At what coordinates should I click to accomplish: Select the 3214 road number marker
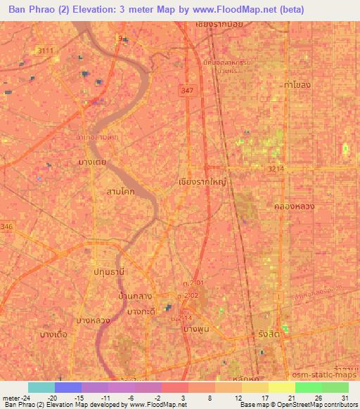pos(276,169)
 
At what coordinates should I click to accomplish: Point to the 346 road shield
pos(7,226)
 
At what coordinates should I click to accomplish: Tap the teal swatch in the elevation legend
pos(41,387)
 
